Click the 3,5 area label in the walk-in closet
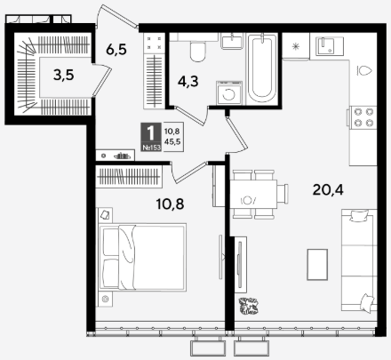coord(64,75)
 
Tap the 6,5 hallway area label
coord(116,49)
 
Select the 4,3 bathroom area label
coord(188,81)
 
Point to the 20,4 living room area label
coord(328,189)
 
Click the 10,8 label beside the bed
coord(170,204)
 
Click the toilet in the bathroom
coord(197,51)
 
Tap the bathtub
coord(262,69)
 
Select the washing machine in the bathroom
coord(229,92)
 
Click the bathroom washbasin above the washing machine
coord(232,41)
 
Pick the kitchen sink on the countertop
coord(330,46)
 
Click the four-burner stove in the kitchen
coord(363,117)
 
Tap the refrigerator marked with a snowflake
coord(296,46)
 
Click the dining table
coord(253,194)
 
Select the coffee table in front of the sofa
coord(317,264)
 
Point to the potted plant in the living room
coord(248,306)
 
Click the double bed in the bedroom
coord(142,257)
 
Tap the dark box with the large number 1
coord(151,137)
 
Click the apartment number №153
coord(151,148)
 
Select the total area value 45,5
coord(172,141)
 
